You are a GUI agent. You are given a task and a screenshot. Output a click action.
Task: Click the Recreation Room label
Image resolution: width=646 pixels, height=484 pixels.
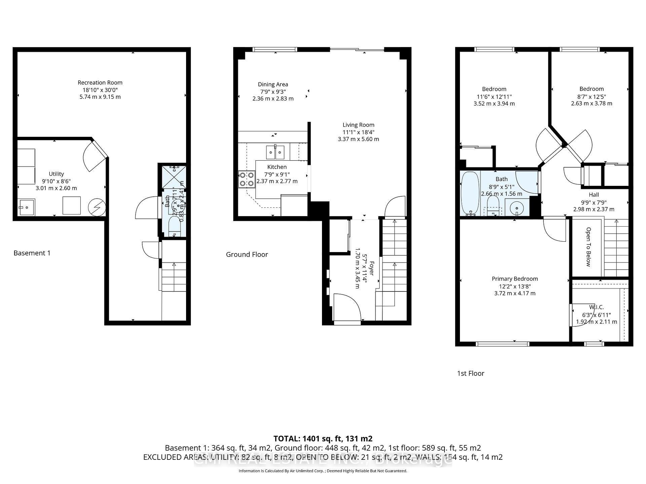[100, 83]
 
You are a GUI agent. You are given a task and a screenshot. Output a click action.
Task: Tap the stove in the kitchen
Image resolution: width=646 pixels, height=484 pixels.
[247, 179]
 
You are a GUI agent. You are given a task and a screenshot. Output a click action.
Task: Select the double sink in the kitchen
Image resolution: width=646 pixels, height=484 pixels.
[275, 152]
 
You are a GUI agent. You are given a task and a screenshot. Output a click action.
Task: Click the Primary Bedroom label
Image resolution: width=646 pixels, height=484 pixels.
[514, 279]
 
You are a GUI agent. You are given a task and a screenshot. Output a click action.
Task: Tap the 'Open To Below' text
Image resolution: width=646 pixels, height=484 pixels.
[588, 247]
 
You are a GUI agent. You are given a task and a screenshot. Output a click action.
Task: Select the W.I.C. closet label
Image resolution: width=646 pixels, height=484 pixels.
[596, 307]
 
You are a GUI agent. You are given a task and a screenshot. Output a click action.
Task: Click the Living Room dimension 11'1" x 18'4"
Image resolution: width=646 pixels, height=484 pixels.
[358, 132]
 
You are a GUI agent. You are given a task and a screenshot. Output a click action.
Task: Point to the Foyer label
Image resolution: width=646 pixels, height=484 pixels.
[371, 268]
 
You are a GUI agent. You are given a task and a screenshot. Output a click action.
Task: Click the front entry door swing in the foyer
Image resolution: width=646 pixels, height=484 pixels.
[347, 307]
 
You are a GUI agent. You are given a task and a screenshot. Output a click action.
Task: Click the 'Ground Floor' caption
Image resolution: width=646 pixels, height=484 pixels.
[247, 254]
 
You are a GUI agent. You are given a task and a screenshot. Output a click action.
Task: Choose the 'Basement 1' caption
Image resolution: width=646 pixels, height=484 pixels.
[32, 253]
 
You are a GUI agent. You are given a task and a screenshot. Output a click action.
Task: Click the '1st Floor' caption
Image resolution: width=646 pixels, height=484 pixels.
[470, 373]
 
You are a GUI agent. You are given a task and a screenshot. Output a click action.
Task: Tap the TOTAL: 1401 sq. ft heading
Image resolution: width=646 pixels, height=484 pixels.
[323, 439]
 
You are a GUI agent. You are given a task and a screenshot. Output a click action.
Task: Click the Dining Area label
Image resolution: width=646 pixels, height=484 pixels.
[273, 84]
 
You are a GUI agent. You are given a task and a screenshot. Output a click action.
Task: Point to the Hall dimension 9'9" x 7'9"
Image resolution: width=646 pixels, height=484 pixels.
[594, 202]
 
